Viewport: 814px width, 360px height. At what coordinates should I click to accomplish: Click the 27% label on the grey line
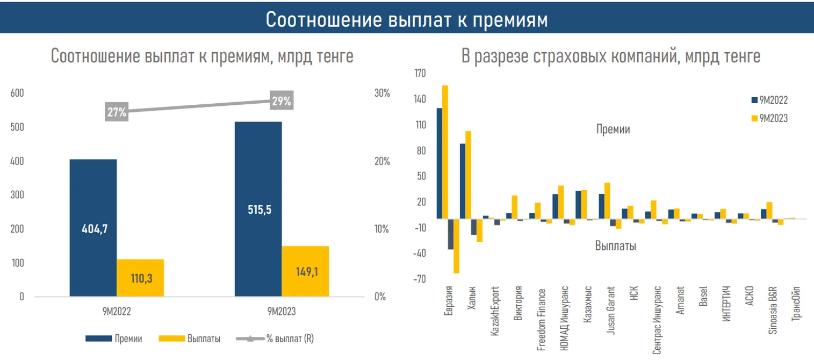(x=117, y=112)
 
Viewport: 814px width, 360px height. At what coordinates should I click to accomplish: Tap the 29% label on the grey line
(x=282, y=101)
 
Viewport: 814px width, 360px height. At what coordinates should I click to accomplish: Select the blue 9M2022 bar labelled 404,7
(x=93, y=228)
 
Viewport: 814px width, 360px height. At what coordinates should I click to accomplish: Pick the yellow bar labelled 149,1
(x=305, y=271)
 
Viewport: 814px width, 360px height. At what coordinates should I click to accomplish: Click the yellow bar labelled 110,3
(x=140, y=278)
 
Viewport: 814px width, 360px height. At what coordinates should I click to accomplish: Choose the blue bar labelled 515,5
(x=258, y=209)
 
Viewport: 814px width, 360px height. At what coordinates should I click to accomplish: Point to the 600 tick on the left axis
(x=18, y=93)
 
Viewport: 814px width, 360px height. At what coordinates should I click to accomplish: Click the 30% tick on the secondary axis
(x=381, y=93)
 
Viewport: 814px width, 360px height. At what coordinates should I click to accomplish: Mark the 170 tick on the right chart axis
(x=419, y=73)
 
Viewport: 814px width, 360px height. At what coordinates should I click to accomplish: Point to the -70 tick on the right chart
(x=419, y=279)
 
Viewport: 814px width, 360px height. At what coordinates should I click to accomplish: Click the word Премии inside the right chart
(x=613, y=129)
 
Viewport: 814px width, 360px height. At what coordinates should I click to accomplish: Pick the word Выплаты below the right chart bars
(x=616, y=246)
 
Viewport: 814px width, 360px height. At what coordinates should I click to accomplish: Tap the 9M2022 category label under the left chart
(x=116, y=311)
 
